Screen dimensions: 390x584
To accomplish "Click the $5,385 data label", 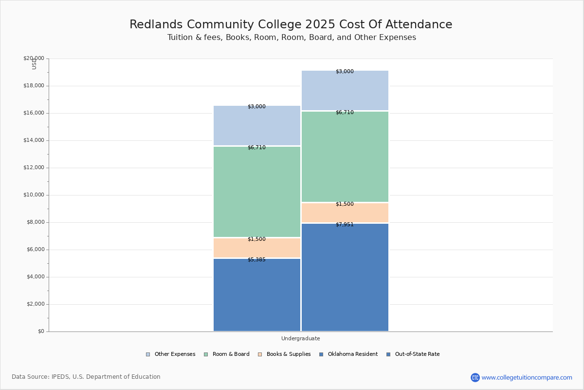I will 256,260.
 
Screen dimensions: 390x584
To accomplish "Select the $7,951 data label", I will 345,225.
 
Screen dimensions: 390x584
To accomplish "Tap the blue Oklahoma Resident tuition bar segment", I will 257,297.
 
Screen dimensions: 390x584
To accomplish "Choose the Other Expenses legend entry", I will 171,354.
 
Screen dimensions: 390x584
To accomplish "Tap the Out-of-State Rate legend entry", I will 413,354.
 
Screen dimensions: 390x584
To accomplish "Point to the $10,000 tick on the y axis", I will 34,195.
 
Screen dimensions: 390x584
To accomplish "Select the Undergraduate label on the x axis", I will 300,338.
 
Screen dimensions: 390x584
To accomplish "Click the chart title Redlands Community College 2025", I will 291,25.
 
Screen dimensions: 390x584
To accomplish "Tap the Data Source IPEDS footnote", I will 86,377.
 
